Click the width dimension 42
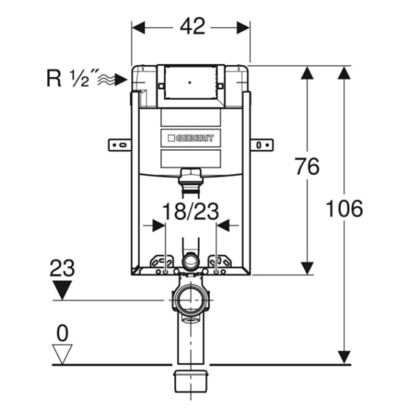click(x=192, y=27)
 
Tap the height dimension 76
click(x=307, y=166)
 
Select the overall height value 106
click(x=344, y=208)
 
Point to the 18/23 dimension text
click(x=190, y=211)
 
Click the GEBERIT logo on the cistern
click(x=190, y=138)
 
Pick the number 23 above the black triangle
click(x=62, y=268)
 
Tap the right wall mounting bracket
click(x=262, y=145)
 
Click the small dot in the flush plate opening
click(x=190, y=83)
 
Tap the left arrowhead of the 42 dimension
click(x=138, y=27)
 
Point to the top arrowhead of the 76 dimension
click(x=307, y=72)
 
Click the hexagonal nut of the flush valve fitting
click(x=190, y=173)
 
